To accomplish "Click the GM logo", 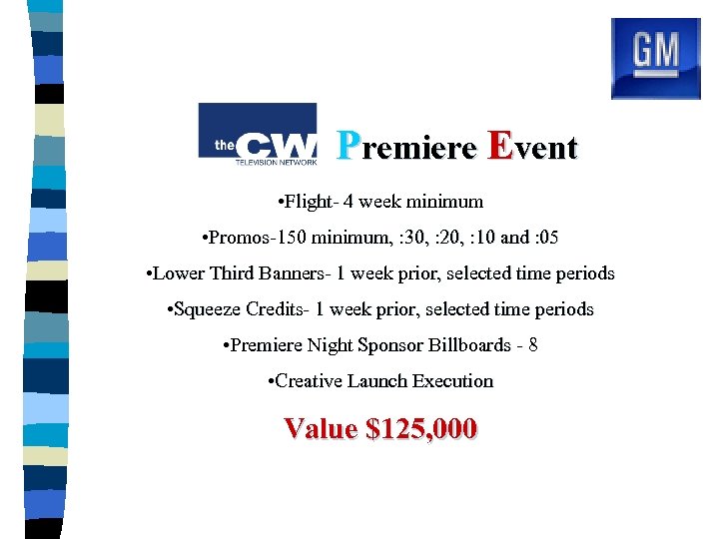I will (655, 58).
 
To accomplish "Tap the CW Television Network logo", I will (258, 134).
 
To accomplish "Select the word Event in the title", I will (531, 148).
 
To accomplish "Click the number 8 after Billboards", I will (534, 345).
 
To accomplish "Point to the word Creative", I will (308, 381).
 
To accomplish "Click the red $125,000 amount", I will (422, 429).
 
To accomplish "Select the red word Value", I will (321, 429).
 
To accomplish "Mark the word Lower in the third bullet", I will (180, 273).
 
